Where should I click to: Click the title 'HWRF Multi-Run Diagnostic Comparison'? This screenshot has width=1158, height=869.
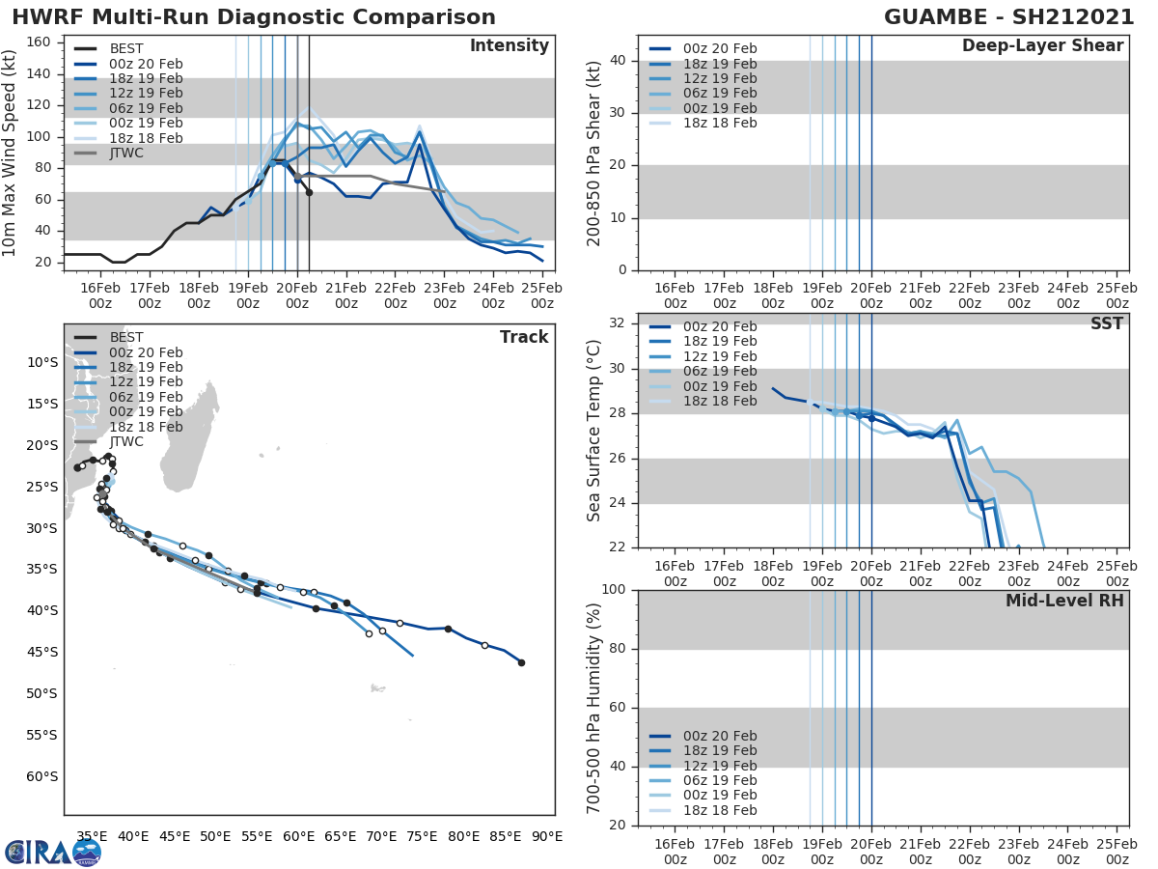tap(254, 17)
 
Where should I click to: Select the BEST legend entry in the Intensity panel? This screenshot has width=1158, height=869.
tap(126, 48)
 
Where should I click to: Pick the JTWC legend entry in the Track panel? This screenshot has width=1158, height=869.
tap(126, 442)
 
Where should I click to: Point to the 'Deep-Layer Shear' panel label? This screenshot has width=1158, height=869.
tap(1042, 46)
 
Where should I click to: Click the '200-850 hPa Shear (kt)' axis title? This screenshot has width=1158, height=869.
tap(594, 153)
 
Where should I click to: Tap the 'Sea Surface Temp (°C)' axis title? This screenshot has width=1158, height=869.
tap(594, 430)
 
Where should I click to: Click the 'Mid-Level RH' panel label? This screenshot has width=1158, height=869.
tap(1064, 601)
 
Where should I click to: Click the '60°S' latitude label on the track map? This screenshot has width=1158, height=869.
tap(41, 776)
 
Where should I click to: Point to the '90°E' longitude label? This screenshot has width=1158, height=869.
tap(546, 836)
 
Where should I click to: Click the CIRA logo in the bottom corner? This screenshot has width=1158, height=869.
tap(53, 852)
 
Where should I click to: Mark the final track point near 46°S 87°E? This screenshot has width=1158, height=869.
tap(521, 662)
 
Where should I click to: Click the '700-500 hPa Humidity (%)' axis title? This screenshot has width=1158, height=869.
tap(594, 708)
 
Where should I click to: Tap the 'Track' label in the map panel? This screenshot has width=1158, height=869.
tap(524, 337)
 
